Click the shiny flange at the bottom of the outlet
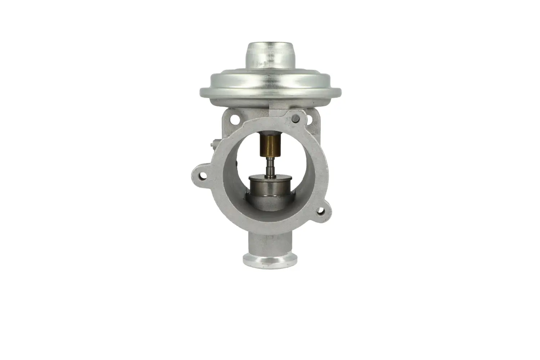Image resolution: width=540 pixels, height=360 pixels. point(270,260)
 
